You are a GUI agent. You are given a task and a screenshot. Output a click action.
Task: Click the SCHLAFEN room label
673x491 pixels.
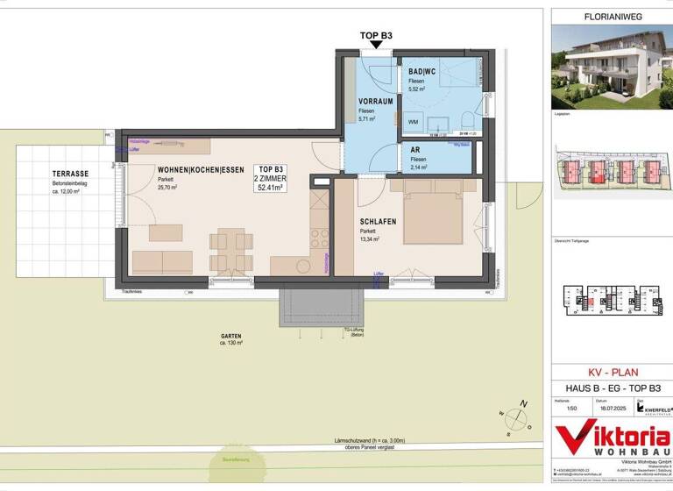(379, 222)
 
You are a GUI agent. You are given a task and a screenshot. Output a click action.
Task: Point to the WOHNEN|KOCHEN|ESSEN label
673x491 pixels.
(200, 170)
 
